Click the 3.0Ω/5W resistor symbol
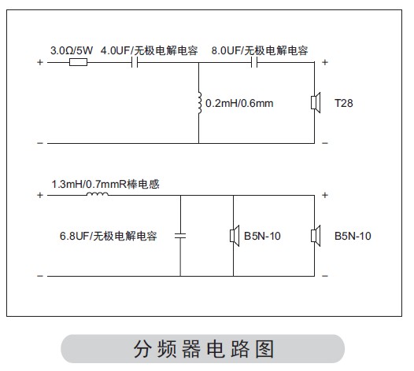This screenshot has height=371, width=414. (78, 63)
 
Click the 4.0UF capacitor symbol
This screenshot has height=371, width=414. (135, 63)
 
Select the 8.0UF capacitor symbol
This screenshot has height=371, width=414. (254, 63)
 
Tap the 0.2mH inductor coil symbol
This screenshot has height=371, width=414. (200, 103)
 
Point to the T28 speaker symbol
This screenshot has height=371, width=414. (316, 102)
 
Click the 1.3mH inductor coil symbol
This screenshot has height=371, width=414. (98, 194)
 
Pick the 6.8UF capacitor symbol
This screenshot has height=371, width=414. (180, 236)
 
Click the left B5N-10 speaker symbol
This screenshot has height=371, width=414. (235, 236)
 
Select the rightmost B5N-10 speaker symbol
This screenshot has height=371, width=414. (316, 236)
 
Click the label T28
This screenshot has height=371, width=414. (343, 103)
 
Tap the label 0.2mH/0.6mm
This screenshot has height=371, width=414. (239, 103)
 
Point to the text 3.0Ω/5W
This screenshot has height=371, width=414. (72, 50)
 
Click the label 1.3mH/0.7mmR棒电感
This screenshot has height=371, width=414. (105, 184)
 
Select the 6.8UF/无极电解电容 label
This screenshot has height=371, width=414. (109, 236)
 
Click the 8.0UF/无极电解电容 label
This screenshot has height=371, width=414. (260, 50)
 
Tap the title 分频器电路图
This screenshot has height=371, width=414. (204, 348)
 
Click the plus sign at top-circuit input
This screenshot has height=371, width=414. (40, 62)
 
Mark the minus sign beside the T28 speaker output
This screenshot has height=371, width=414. (325, 143)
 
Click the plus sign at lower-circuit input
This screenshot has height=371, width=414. (40, 195)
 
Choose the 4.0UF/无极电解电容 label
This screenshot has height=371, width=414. (150, 50)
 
